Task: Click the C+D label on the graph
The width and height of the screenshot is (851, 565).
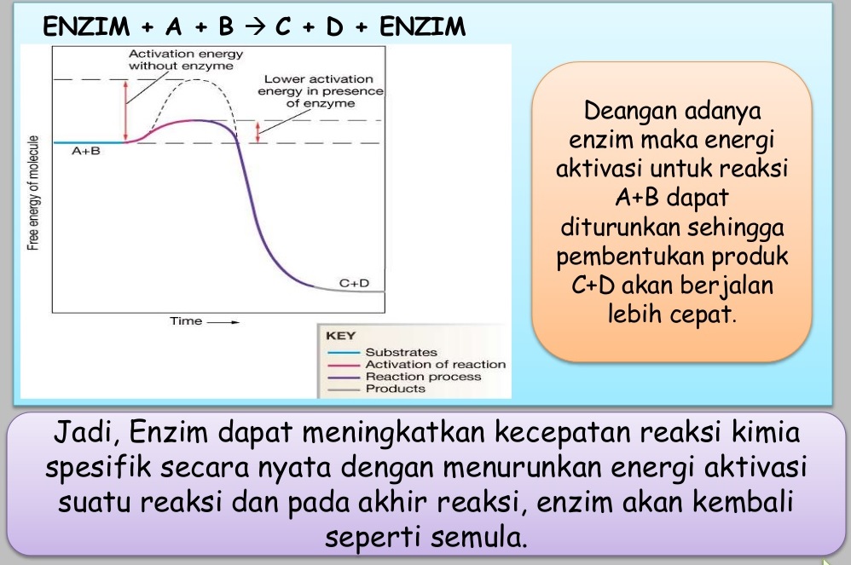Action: click(x=355, y=282)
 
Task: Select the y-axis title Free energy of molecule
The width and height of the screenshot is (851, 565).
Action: click(x=33, y=192)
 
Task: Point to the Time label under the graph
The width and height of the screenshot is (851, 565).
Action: click(x=186, y=321)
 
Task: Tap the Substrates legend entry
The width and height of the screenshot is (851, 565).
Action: click(x=401, y=352)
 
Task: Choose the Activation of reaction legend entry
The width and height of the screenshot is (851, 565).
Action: click(x=435, y=364)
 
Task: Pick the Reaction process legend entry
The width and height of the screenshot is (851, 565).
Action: click(x=423, y=376)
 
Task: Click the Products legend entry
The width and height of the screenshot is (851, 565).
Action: click(x=395, y=388)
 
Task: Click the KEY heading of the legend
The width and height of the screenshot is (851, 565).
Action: click(x=340, y=336)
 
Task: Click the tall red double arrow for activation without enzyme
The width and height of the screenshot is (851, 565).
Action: click(x=126, y=111)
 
